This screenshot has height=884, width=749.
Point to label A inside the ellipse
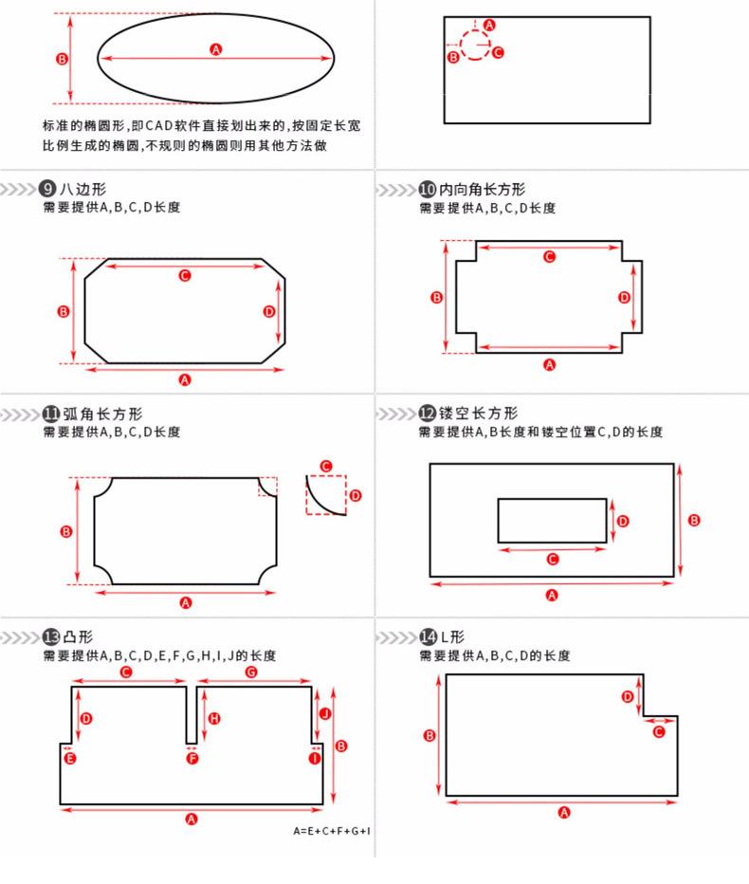pos(216,49)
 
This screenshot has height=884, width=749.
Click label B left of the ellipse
pos(63,58)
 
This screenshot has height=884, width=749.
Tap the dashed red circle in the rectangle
pos(475,44)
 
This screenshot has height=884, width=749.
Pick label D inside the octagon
pos(268,311)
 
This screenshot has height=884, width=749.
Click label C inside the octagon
pos(185,275)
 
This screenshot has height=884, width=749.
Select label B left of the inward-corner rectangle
pos(437,297)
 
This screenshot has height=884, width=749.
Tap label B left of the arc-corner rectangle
pos(66,532)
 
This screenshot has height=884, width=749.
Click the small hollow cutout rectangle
pos(552,521)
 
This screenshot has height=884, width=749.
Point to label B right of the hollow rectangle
pos(694,520)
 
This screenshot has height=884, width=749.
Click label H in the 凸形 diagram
pos(214,718)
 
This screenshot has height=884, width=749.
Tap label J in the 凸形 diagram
pos(324,712)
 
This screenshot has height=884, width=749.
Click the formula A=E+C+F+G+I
pos(332,831)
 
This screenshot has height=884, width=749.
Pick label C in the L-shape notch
pos(659,730)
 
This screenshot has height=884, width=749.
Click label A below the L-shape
pos(564,812)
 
